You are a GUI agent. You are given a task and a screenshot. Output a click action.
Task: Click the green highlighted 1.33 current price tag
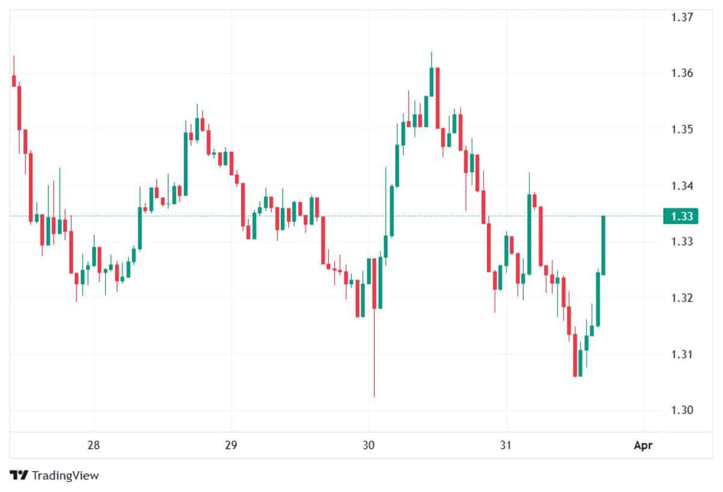681,216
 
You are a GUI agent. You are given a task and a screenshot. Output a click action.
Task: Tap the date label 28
93,446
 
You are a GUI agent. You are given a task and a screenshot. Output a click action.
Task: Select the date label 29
231,446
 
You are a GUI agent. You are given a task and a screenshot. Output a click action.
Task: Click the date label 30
369,446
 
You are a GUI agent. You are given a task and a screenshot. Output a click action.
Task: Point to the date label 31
506,446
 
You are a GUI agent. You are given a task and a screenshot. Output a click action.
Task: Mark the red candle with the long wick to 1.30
374,283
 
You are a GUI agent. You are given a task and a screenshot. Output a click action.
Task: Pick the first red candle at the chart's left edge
14,81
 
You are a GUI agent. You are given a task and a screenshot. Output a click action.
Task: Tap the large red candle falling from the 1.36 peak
437,96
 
